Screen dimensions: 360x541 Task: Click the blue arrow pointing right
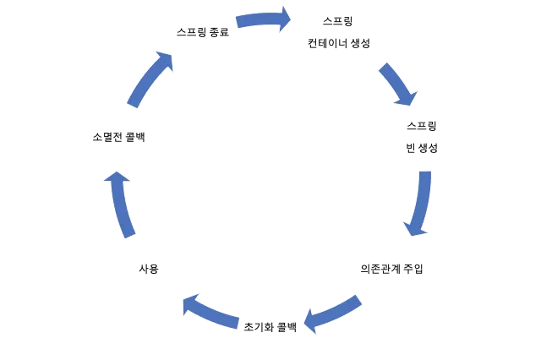[263, 20]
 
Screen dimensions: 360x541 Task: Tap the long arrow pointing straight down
[419, 203]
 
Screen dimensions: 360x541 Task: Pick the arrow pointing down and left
[332, 312]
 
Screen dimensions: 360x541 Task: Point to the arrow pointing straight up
[121, 204]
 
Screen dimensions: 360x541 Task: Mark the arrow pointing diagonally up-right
[150, 79]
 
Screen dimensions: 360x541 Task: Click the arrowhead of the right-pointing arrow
[285, 19]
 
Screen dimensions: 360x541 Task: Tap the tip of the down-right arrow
[409, 101]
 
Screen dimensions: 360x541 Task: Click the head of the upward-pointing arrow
[116, 177]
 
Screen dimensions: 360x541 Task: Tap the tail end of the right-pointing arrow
[239, 23]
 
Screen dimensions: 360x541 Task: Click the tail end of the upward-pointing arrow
[128, 234]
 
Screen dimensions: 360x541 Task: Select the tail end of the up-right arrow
[133, 105]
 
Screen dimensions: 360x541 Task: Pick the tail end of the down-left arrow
[358, 300]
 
